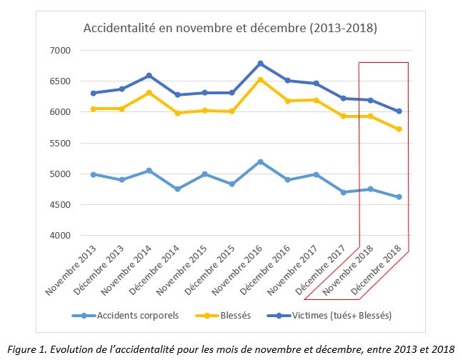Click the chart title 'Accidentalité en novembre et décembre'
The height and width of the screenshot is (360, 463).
tap(230, 29)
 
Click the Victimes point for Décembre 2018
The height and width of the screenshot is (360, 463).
tap(399, 111)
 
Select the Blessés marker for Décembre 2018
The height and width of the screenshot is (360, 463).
tap(399, 129)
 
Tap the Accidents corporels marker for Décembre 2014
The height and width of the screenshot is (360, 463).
tap(177, 189)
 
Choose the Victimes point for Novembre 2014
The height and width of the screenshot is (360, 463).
tap(149, 76)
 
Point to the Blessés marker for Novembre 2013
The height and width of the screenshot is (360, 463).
tap(94, 109)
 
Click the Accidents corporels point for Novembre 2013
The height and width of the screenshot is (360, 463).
tap(94, 174)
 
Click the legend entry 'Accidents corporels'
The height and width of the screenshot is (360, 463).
tap(129, 315)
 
